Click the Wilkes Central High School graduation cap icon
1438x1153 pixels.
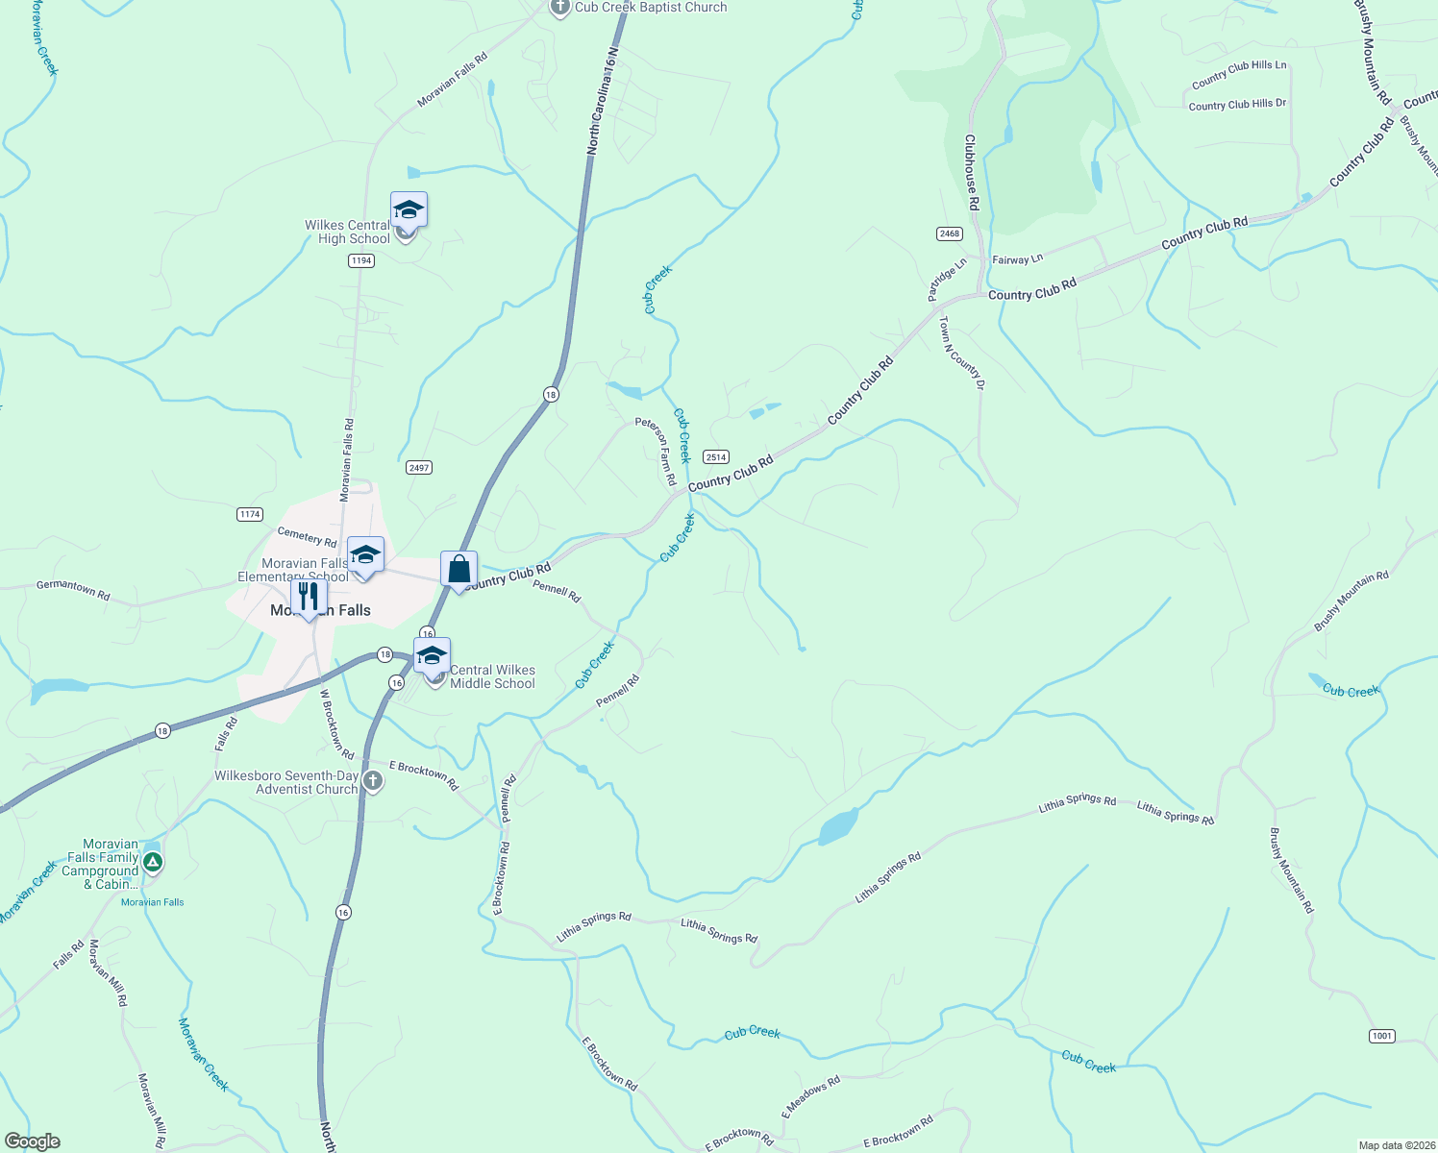(409, 210)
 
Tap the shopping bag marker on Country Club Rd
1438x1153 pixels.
(459, 569)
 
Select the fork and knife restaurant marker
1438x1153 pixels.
(309, 597)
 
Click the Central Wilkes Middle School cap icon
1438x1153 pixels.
(432, 656)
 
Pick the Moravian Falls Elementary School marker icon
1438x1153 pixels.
(365, 555)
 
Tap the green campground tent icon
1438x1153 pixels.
(152, 863)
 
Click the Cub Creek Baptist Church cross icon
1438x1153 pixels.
(560, 8)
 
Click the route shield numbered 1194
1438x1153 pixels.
(361, 260)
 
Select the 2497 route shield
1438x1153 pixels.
(418, 468)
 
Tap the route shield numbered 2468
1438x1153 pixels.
(949, 233)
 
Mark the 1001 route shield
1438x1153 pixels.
(1381, 1036)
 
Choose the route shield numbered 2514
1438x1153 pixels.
(715, 457)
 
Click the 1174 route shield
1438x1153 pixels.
(250, 514)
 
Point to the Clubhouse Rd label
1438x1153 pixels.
(971, 172)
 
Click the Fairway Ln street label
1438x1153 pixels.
(1017, 259)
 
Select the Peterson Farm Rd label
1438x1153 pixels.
(657, 450)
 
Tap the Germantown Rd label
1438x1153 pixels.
(73, 589)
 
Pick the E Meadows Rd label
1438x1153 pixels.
(810, 1096)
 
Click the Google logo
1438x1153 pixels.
(33, 1141)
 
